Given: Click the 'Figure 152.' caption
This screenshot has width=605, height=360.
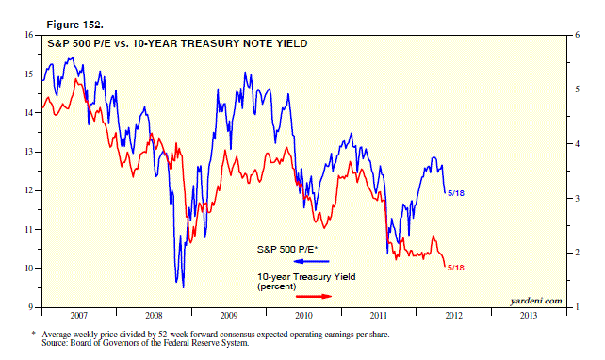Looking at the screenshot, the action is click(x=74, y=25).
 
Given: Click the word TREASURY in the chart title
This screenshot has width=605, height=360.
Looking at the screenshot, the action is click(x=209, y=43).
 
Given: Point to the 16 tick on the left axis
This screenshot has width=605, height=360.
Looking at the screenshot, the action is click(x=29, y=35).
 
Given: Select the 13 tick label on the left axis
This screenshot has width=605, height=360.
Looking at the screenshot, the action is click(x=29, y=152).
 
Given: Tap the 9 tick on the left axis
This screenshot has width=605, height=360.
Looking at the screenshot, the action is click(x=31, y=307).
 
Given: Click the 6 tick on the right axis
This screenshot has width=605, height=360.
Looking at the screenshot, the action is click(x=578, y=35).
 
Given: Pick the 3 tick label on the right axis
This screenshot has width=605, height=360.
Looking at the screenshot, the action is click(x=578, y=198).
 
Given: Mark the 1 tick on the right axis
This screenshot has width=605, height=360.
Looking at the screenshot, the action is click(x=578, y=307).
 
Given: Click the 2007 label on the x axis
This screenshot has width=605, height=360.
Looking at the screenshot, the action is click(x=79, y=316).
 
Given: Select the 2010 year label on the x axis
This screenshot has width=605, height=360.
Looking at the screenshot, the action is click(x=303, y=316).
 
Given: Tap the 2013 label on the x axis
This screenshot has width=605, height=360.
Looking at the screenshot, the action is click(x=529, y=316).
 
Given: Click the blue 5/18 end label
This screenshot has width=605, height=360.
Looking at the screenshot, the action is click(x=456, y=193).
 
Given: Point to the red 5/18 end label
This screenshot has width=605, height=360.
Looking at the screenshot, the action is click(x=456, y=268).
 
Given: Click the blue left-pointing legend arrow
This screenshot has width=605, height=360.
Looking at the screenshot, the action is click(x=311, y=261).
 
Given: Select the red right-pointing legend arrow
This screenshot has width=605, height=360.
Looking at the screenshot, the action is click(x=314, y=296).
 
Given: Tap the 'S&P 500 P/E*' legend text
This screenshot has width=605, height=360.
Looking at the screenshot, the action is click(x=287, y=249).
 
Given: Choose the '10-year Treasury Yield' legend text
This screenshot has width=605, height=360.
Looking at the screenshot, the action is click(x=306, y=277).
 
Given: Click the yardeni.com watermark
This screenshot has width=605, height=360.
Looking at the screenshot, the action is click(x=536, y=301).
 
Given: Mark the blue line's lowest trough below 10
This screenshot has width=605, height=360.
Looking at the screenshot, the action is click(x=183, y=287).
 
